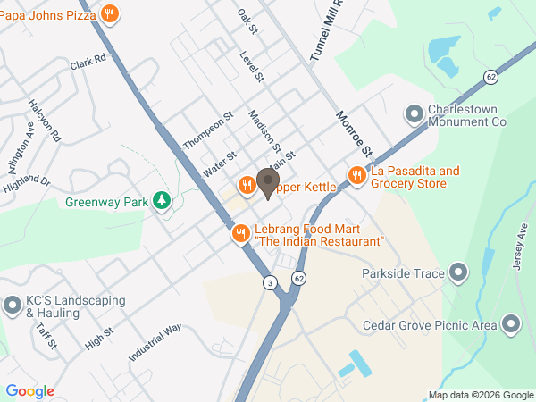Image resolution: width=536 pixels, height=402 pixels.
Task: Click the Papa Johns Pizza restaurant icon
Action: click(109, 13)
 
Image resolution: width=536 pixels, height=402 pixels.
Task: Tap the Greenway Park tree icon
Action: click(162, 201)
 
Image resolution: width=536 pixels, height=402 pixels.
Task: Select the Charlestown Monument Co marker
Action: click(414, 113)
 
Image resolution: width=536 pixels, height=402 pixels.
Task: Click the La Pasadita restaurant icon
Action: click(356, 175)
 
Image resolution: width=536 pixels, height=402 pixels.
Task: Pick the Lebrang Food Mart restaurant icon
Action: click(240, 234)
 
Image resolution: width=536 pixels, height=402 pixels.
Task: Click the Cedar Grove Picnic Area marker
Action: click(511, 323)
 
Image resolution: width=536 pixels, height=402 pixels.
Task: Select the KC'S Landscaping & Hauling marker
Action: click(13, 306)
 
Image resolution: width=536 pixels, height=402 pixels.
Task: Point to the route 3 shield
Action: click(269, 282)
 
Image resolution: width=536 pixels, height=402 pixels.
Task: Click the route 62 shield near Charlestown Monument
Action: click(491, 77)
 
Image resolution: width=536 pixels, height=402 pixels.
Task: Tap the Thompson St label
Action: click(207, 130)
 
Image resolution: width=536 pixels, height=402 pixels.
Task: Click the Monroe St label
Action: click(353, 130)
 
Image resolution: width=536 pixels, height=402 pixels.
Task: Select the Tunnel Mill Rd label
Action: click(327, 31)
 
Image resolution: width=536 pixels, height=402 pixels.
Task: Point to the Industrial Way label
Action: click(155, 342)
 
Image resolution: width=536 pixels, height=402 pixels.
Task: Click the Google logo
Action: click(29, 391)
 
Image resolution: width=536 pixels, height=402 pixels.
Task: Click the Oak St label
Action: click(247, 22)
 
